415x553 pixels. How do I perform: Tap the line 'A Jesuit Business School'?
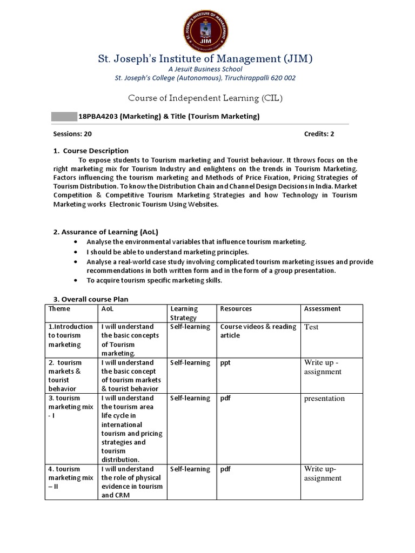(205, 69)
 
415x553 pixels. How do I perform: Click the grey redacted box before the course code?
(64, 117)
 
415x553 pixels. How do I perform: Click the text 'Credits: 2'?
(319, 134)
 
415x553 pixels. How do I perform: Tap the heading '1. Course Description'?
(91, 151)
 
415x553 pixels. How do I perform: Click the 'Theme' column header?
(59, 309)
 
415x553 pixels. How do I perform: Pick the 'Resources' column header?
(236, 309)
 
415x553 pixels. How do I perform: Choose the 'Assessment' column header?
(323, 309)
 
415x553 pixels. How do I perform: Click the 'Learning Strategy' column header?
(184, 313)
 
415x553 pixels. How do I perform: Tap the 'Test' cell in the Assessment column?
(311, 327)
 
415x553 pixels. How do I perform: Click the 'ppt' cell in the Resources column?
(225, 363)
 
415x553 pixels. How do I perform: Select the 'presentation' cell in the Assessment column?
(324, 399)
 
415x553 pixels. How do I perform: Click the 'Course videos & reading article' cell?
(258, 331)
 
